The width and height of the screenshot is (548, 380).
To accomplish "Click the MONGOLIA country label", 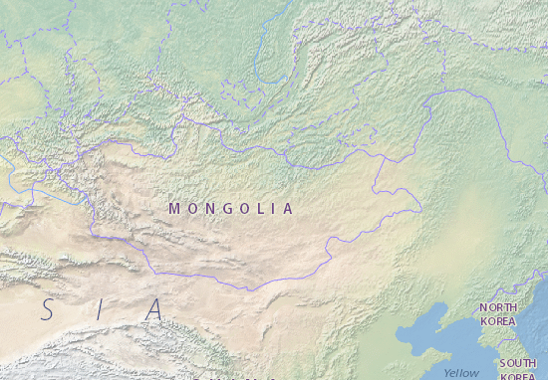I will [x=231, y=209].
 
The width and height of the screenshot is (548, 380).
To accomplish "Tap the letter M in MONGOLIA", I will [x=174, y=209].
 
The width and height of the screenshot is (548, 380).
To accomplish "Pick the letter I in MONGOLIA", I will [x=274, y=209].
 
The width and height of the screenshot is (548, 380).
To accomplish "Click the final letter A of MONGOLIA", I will [x=288, y=209].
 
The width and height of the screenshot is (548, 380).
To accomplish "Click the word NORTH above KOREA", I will [x=498, y=308].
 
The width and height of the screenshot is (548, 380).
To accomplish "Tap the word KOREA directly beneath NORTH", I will [x=498, y=321].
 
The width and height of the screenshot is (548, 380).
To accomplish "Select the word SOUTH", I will [x=518, y=363].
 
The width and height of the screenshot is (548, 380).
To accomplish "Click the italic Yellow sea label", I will [x=461, y=372].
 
